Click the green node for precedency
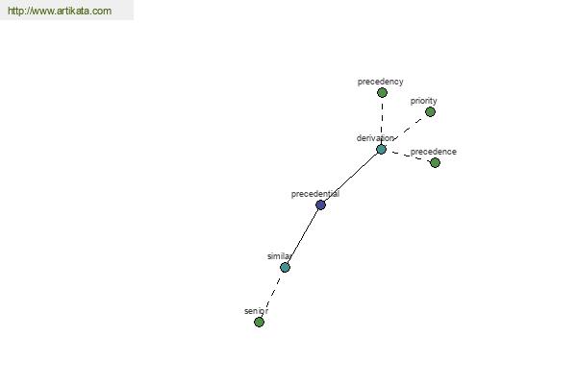click(x=382, y=92)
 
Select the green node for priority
click(x=430, y=111)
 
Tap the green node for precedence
click(x=435, y=162)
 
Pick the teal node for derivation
click(x=381, y=149)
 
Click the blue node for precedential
click(x=320, y=204)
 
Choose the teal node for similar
click(x=285, y=267)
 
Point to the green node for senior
click(x=259, y=322)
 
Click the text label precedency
click(x=380, y=82)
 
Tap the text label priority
click(x=423, y=101)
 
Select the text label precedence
click(x=433, y=152)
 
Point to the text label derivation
click(x=375, y=138)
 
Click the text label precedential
click(x=315, y=194)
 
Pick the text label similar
click(x=279, y=256)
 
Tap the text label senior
click(x=256, y=311)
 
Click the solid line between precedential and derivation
click(x=351, y=177)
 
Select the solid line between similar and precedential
click(x=303, y=236)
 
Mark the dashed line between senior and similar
click(x=272, y=294)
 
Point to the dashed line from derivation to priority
click(x=408, y=130)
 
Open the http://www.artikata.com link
click(x=60, y=11)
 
